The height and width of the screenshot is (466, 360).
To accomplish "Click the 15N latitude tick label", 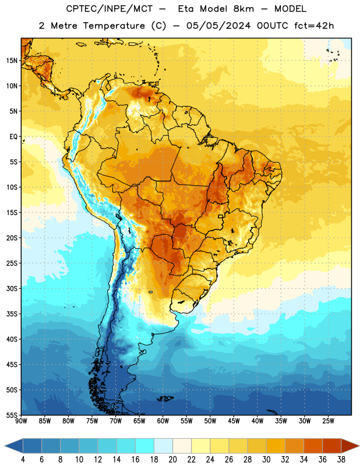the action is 12,61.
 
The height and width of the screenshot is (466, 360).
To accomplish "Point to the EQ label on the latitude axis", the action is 13,137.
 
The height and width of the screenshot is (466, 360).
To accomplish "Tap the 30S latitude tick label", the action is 12,288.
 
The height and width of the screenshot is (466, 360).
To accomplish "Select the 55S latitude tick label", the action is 12,415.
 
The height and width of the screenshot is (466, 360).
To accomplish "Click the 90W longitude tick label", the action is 21,421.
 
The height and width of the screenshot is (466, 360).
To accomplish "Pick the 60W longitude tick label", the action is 163,421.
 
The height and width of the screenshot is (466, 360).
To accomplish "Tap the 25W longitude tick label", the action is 328,421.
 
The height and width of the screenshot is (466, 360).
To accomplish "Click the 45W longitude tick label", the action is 234,421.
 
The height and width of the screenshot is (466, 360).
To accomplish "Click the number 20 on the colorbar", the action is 172,460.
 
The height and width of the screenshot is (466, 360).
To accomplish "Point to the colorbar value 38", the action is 341,460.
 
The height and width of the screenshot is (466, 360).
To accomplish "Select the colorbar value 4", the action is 23,460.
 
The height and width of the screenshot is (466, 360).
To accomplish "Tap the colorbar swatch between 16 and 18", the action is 145,446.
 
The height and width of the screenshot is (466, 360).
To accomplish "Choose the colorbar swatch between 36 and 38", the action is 332,446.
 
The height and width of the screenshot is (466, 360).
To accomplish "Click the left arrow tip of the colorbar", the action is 5,446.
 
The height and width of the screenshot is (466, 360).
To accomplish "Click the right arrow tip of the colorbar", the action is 359,446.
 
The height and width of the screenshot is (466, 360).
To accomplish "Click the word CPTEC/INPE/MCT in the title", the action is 109,9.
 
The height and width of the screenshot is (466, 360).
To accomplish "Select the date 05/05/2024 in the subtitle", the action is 218,26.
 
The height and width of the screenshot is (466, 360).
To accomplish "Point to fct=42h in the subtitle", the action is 314,26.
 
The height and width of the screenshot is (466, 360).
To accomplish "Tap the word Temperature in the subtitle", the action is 114,26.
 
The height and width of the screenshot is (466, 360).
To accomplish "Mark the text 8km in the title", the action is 243,9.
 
